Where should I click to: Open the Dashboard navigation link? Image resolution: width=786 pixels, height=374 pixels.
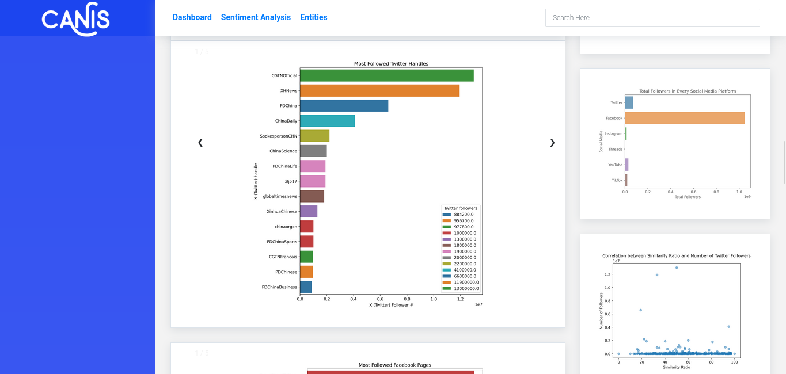(192, 17)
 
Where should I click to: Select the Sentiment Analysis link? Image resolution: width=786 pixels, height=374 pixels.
(256, 17)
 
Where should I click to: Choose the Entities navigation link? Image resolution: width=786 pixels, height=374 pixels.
(313, 17)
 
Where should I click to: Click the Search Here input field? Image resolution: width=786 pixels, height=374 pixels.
(652, 18)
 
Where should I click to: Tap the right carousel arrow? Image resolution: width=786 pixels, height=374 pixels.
(552, 143)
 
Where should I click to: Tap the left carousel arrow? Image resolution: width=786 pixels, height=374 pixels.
(200, 143)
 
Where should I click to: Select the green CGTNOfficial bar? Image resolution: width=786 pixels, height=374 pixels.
(386, 75)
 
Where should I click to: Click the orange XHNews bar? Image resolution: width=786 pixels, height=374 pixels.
(379, 90)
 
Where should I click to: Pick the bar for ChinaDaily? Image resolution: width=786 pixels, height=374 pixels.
(327, 121)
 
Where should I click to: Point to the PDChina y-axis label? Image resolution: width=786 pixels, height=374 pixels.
(288, 106)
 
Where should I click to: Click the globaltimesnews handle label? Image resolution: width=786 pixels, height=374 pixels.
(280, 196)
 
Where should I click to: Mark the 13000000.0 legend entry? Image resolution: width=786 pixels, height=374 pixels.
(466, 288)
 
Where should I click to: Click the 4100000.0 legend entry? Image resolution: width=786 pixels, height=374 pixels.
(465, 270)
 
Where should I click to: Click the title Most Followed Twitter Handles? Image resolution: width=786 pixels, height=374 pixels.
(391, 64)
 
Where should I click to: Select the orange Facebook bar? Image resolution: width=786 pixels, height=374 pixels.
(684, 118)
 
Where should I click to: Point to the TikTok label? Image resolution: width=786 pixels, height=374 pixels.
(617, 180)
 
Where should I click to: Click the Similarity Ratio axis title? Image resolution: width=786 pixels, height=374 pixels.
(676, 367)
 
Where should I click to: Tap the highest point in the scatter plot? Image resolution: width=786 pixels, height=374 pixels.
(677, 268)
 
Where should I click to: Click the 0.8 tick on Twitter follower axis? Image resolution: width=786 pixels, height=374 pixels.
(407, 299)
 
